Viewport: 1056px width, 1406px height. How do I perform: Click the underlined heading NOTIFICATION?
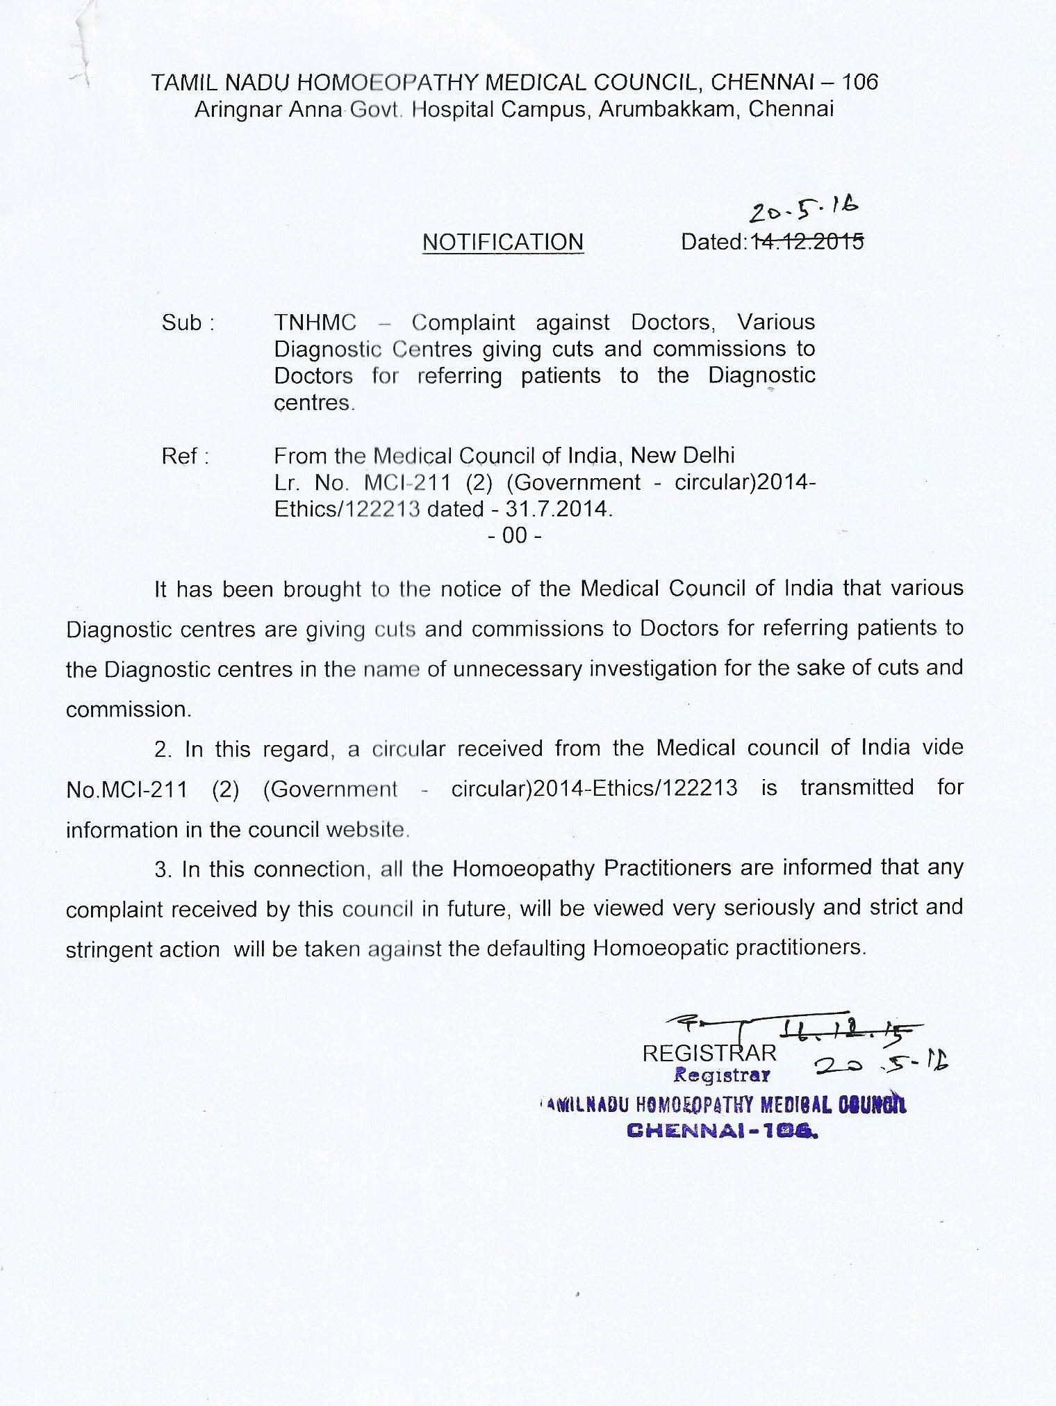pyautogui.click(x=503, y=242)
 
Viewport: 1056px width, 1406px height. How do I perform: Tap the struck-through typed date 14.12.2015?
pyautogui.click(x=806, y=241)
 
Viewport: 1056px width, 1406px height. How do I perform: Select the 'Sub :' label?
pyautogui.click(x=187, y=323)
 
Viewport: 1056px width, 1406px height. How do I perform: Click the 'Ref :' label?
pyautogui.click(x=184, y=457)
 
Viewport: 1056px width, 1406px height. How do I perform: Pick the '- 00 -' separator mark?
pyautogui.click(x=515, y=536)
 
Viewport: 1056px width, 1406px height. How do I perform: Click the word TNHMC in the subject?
pyautogui.click(x=315, y=322)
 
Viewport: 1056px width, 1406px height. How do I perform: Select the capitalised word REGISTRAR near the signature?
pyautogui.click(x=709, y=1053)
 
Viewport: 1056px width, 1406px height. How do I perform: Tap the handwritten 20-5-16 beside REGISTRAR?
pyautogui.click(x=880, y=1063)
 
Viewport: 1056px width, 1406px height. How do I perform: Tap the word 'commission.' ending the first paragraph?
pyautogui.click(x=129, y=710)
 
